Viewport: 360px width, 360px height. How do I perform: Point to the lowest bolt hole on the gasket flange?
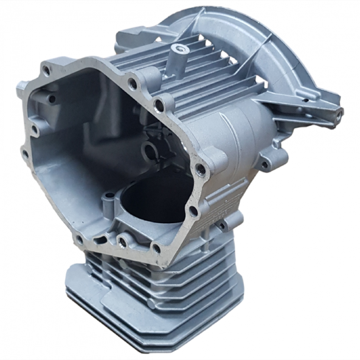[156, 247]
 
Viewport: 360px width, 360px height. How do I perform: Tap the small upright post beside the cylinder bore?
[108, 198]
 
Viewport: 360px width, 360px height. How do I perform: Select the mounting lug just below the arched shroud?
[265, 163]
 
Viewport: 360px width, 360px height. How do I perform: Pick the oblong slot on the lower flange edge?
[122, 243]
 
